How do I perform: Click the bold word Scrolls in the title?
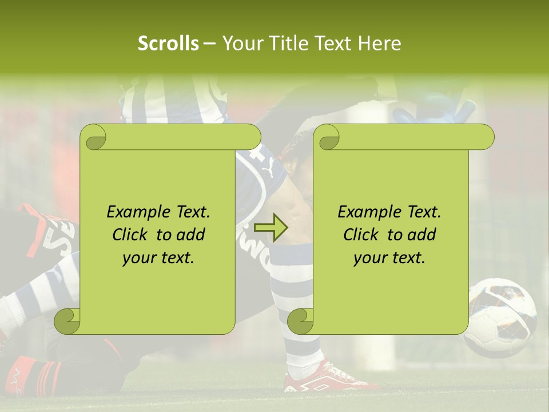[x=169, y=43]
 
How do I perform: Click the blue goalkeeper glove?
[x=435, y=109]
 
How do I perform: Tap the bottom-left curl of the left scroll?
[x=67, y=321]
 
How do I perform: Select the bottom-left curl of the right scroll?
[x=301, y=321]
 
